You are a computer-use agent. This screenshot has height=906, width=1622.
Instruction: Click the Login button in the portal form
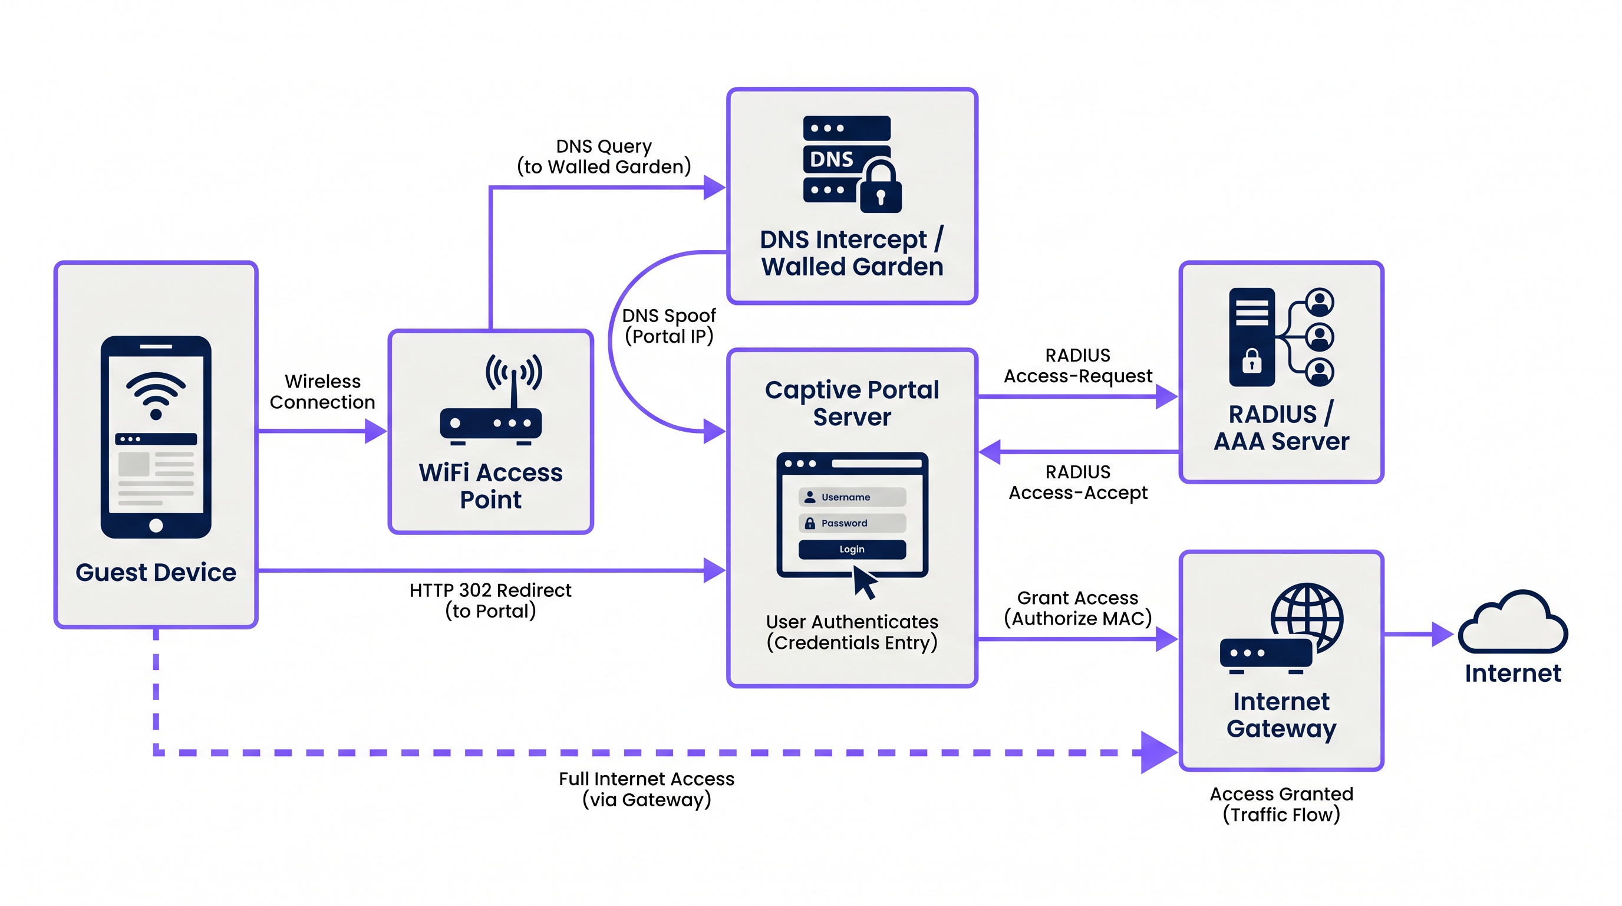coord(852,549)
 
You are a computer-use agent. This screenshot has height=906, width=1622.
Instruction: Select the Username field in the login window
coord(852,497)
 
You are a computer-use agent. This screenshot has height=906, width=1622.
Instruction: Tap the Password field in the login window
coord(852,523)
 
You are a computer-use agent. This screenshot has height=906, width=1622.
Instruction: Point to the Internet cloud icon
coord(1512,623)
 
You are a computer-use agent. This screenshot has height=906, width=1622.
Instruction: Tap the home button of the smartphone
coord(156,526)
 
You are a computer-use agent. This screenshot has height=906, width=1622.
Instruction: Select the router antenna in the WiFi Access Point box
coord(514,381)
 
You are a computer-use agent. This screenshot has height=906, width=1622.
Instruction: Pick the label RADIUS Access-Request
coord(1077,366)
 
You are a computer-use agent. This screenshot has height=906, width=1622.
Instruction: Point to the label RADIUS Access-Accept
coord(1077,482)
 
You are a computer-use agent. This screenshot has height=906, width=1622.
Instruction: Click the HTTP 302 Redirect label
coord(490,600)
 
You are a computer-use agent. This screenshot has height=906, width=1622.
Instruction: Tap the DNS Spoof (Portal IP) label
coord(669,326)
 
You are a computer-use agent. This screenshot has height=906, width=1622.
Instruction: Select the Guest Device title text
coord(156,572)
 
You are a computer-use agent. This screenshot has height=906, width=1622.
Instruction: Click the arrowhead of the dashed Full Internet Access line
coord(1158,752)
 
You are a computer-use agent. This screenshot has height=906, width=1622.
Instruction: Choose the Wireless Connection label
coord(322,391)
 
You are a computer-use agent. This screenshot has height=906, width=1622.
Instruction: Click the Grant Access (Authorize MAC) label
coord(1077,608)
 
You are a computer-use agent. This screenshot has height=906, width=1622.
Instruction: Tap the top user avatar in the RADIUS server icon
coord(1319,303)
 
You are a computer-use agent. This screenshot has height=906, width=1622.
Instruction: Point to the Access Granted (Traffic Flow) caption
coord(1281,804)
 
